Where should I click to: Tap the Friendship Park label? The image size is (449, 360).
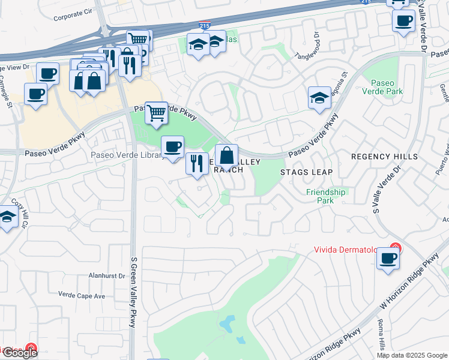[x=326, y=196]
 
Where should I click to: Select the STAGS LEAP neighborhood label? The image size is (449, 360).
[x=306, y=172]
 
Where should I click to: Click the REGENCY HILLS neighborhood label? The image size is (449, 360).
[x=384, y=157]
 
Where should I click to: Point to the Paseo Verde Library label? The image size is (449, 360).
[x=126, y=155]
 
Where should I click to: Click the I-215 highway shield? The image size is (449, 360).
[x=204, y=26]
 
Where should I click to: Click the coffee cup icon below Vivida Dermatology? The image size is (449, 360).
[x=388, y=259]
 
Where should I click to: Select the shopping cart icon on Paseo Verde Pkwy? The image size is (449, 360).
[x=156, y=112]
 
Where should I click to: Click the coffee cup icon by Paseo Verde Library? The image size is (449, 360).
[x=172, y=146]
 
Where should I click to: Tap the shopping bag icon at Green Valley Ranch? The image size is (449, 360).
[x=226, y=156]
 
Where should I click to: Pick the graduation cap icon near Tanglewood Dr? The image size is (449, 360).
[x=319, y=97]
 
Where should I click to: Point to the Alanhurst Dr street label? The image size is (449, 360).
[x=106, y=276]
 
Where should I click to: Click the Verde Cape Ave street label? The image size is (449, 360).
[x=82, y=295]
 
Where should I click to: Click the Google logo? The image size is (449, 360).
[x=20, y=353]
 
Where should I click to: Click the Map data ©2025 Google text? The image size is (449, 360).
[x=412, y=355]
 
